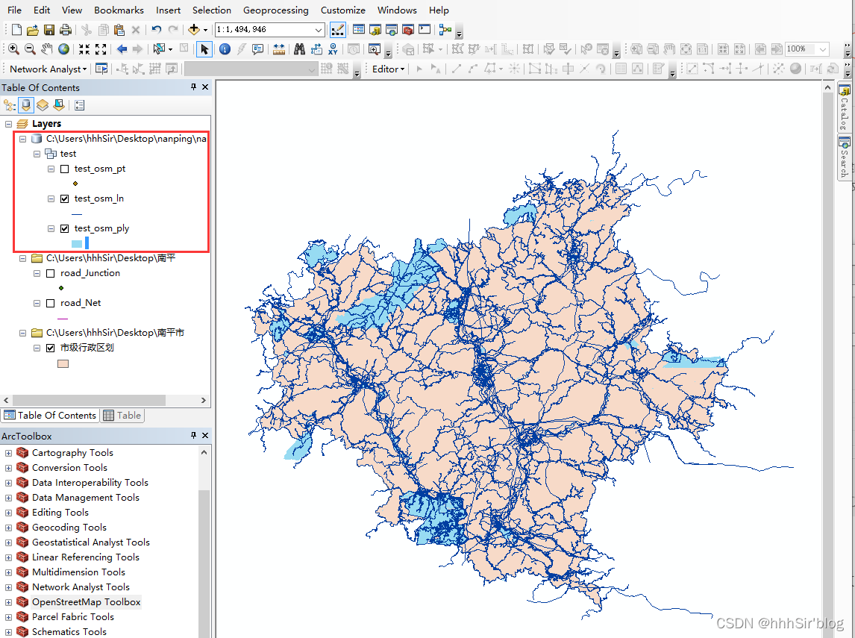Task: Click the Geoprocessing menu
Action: tap(275, 10)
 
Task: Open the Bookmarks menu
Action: tap(119, 10)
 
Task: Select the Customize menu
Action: tap(342, 10)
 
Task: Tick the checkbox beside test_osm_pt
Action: tap(65, 169)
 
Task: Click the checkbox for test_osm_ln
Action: tap(65, 198)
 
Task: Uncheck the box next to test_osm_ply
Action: tap(65, 228)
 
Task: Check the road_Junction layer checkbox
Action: tap(51, 273)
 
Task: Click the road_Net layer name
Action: tap(81, 303)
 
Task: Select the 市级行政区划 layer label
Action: tap(87, 348)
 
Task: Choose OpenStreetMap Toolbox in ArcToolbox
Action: tap(86, 602)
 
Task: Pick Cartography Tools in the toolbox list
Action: tap(72, 453)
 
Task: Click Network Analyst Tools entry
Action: tap(81, 587)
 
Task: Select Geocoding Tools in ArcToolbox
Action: tap(69, 528)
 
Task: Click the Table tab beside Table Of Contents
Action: tap(122, 416)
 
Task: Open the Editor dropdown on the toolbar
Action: tap(388, 69)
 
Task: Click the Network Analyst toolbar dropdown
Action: tap(48, 69)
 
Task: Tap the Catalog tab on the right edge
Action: tap(845, 107)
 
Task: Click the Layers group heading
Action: tap(46, 124)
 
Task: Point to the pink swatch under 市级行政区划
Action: tap(63, 364)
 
